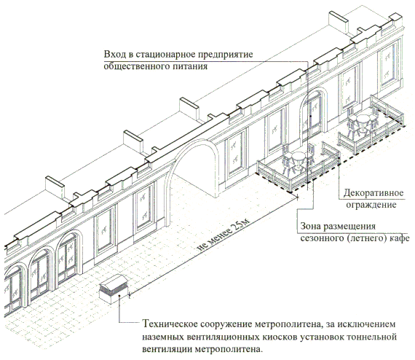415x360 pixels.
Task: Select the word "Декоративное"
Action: (373, 193)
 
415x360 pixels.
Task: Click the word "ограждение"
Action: (371, 205)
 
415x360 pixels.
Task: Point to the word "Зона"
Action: (311, 227)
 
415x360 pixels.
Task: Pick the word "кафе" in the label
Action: (400, 238)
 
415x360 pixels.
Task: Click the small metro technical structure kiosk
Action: (114, 289)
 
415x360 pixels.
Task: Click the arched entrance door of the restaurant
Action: (314, 114)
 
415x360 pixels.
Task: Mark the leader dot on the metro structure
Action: (120, 296)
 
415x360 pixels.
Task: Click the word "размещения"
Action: (350, 227)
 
